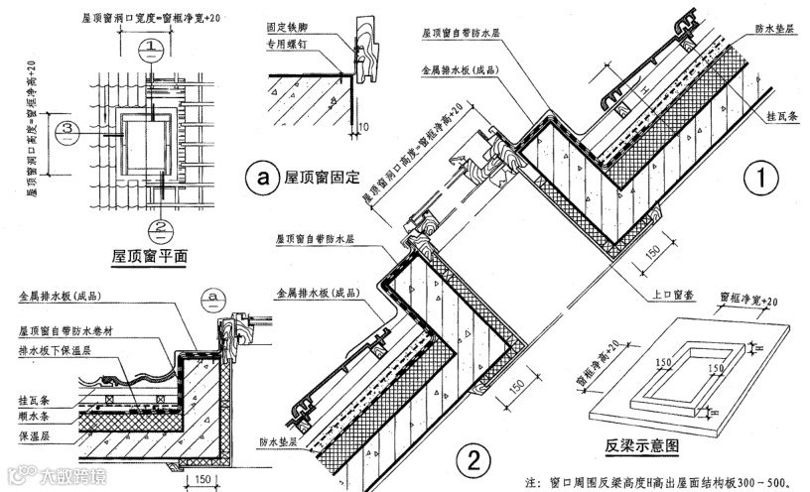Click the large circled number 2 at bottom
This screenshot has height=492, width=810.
473,457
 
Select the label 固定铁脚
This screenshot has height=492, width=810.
286,29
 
